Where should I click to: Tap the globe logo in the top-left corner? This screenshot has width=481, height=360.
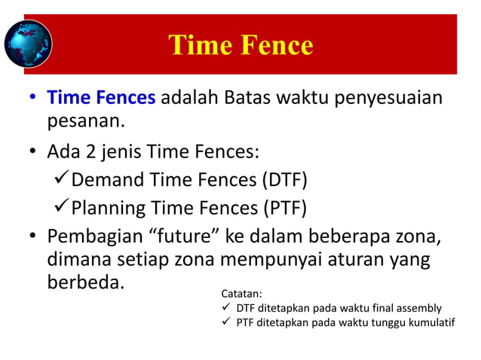tap(28, 43)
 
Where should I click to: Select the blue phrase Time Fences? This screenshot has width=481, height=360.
tap(102, 99)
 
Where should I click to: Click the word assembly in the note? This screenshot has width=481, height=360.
tap(421, 309)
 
